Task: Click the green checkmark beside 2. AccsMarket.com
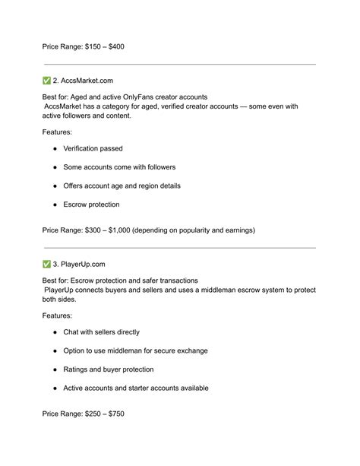point(47,80)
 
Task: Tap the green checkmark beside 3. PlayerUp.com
point(47,263)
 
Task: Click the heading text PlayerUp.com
point(84,263)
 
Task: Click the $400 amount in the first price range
point(129,46)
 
